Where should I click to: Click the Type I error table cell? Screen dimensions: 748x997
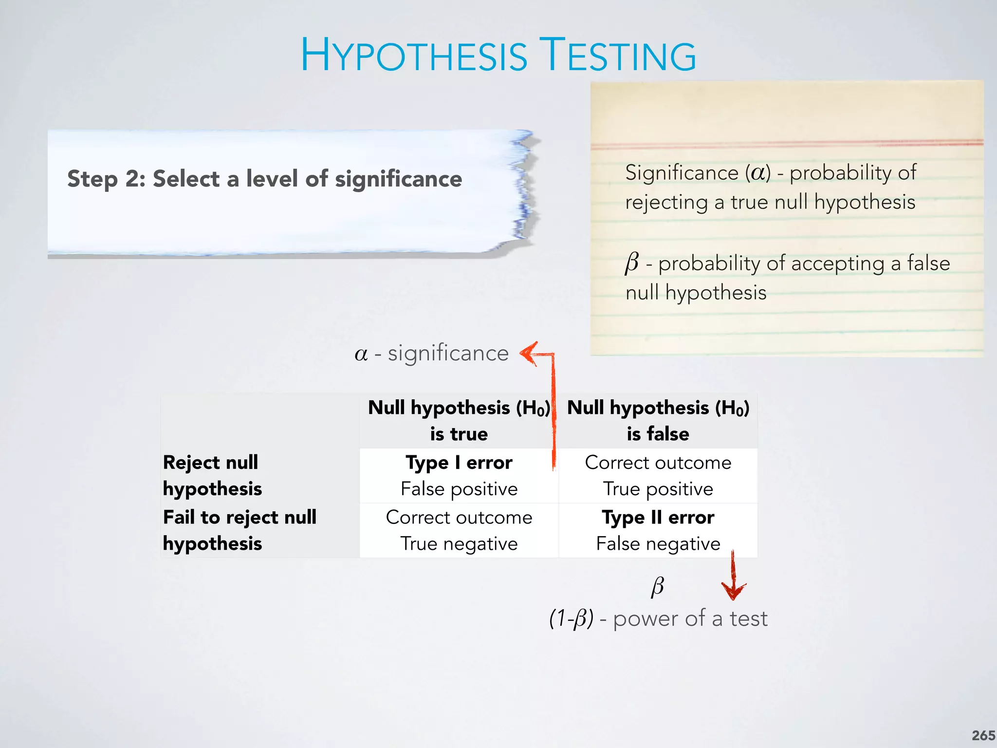coord(459,475)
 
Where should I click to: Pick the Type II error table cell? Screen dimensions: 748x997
coord(658,530)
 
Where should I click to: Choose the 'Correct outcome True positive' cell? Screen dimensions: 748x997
coord(658,475)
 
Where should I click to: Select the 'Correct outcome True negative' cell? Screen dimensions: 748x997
coord(459,530)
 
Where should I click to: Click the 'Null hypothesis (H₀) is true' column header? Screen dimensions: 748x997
coord(459,420)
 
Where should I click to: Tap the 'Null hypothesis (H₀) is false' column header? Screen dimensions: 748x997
coord(658,420)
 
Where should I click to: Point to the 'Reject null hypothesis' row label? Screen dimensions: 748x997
coord(212,475)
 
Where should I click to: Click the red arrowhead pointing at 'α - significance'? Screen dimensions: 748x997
coord(529,353)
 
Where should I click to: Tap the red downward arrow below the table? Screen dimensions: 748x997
coord(733,587)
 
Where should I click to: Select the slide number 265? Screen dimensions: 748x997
coord(983,735)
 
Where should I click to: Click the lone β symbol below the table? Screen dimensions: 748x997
coord(657,586)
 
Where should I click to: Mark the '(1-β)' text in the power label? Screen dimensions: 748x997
coord(571,619)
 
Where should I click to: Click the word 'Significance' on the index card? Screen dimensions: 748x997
coord(682,173)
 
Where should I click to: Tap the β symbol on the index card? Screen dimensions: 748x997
coord(631,263)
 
